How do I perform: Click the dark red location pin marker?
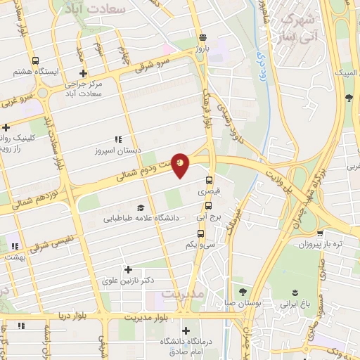pyautogui.click(x=181, y=164)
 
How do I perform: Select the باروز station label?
pyautogui.click(x=202, y=50)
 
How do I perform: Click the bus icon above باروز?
pyautogui.click(x=202, y=38)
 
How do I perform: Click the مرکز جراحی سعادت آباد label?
pyautogui.click(x=83, y=89)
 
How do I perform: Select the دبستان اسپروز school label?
pyautogui.click(x=117, y=150)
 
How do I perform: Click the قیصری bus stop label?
pyautogui.click(x=208, y=191)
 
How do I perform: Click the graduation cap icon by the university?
pyautogui.click(x=141, y=207)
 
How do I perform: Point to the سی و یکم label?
pyautogui.click(x=199, y=244)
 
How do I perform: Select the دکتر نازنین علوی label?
pyautogui.click(x=128, y=281)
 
